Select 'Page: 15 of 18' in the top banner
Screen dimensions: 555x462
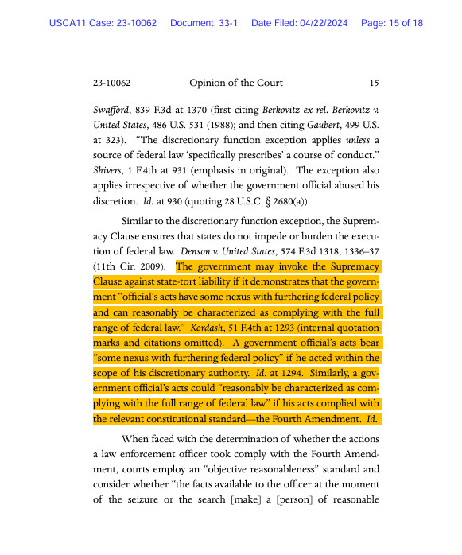pyautogui.click(x=392, y=23)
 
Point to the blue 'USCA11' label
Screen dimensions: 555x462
pyautogui.click(x=72, y=23)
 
